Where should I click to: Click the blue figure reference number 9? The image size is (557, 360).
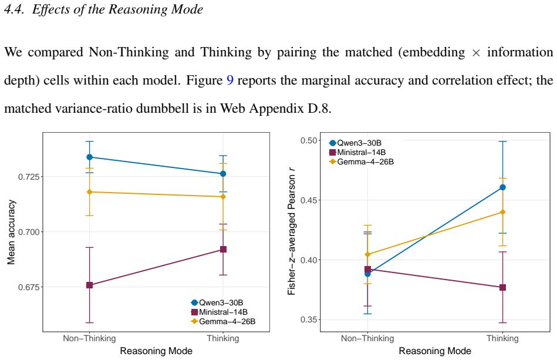pos(230,80)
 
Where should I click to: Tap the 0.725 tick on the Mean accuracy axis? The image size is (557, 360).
pos(29,177)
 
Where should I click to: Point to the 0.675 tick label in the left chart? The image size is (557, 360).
pos(29,287)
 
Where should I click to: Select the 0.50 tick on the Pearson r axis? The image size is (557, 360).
pos(308,140)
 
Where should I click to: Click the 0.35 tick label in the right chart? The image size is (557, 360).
pos(308,320)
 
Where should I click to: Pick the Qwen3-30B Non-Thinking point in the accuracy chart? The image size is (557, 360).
pos(90,157)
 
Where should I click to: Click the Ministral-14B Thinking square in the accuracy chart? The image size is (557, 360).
pos(223,250)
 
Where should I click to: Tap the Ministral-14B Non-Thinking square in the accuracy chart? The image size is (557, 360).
pos(90,285)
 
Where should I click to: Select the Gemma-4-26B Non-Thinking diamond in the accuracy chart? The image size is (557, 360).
pos(90,192)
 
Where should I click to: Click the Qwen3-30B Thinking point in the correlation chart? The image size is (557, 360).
pos(502,187)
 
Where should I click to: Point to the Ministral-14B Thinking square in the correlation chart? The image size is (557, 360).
pos(502,288)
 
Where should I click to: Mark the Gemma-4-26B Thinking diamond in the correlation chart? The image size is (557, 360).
pos(502,212)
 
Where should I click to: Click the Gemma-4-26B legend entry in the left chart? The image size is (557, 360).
pos(223,322)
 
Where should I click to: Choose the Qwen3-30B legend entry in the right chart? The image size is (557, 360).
pos(355,143)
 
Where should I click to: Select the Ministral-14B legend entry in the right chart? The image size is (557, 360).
pos(357,153)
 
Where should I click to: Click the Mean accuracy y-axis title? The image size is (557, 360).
pos(11,232)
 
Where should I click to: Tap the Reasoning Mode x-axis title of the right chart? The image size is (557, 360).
pos(435,351)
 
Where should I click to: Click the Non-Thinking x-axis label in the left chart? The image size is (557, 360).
pos(90,338)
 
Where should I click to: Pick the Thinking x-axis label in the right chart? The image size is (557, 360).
pos(502,338)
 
